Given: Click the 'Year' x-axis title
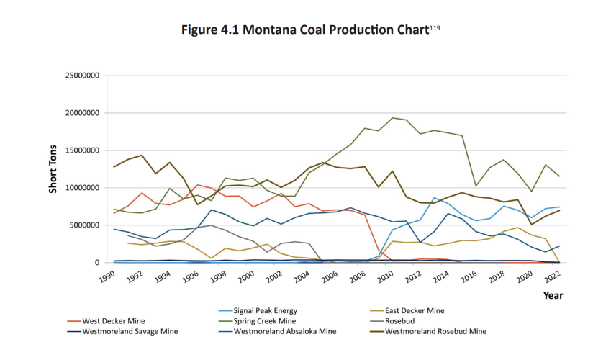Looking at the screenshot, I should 553,295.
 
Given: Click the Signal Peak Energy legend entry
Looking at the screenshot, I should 265,311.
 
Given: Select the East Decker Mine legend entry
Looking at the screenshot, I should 415,311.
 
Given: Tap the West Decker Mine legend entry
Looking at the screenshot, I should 114,321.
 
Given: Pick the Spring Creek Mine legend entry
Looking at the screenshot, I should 264,321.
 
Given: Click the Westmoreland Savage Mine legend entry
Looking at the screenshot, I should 130,331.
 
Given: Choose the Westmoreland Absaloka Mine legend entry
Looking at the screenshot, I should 284,331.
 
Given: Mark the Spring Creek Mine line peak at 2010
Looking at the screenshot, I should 392,118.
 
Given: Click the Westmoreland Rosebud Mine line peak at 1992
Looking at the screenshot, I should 142,156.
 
